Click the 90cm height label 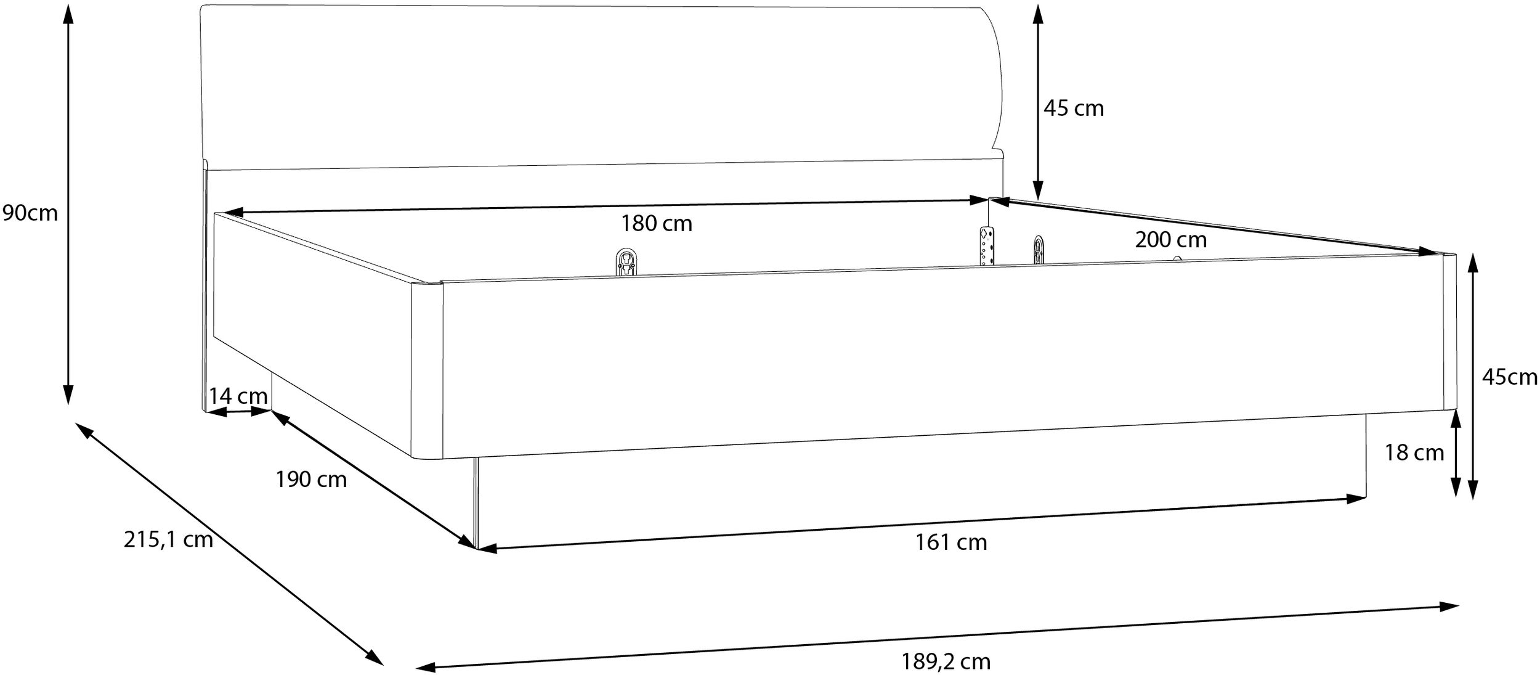click(x=30, y=213)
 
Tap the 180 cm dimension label click(x=656, y=223)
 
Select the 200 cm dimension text click(x=1171, y=240)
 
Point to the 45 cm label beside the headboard click(x=1074, y=108)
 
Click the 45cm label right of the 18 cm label click(x=1510, y=377)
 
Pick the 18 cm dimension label click(x=1414, y=453)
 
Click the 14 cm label click(x=238, y=396)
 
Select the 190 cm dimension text click(x=311, y=480)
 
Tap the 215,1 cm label click(x=168, y=540)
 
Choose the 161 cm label click(x=951, y=542)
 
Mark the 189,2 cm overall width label click(x=946, y=662)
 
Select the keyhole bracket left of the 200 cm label click(x=1039, y=250)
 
